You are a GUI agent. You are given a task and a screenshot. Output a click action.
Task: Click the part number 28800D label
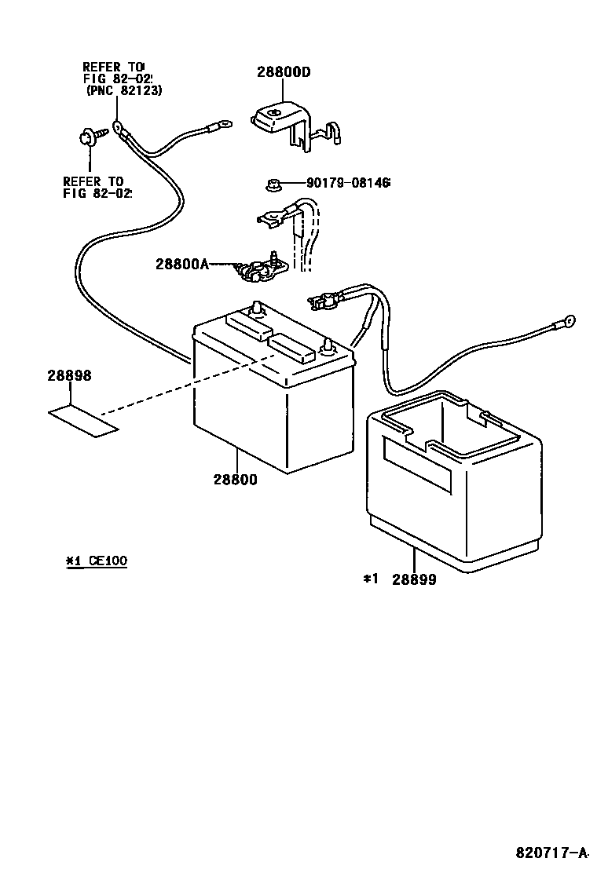(284, 72)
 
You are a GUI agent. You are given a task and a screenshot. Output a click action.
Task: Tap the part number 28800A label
(182, 265)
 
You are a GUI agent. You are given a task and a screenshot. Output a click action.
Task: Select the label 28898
(69, 377)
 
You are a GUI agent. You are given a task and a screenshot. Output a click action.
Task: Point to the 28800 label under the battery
(234, 479)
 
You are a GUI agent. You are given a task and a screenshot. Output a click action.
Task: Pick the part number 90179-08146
(348, 184)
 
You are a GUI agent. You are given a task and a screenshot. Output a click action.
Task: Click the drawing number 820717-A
(552, 852)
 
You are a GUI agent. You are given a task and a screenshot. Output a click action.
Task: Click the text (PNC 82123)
(123, 91)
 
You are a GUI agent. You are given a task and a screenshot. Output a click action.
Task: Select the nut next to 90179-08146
(272, 185)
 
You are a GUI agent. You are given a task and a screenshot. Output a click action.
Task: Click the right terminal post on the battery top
(328, 346)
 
